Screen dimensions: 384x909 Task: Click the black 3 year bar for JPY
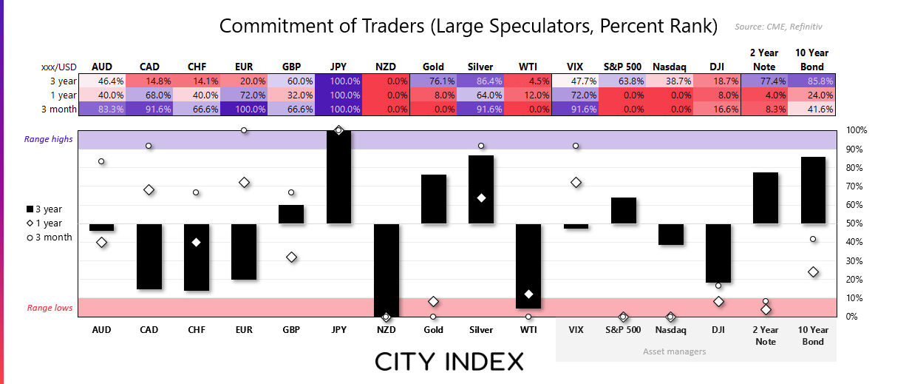tap(339, 178)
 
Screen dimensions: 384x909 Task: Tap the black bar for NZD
tap(387, 270)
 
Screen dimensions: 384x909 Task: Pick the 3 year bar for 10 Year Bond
tap(814, 190)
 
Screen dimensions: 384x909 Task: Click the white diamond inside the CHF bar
tap(197, 243)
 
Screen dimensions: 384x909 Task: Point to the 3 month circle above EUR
tap(244, 130)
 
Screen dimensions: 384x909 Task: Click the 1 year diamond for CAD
tap(149, 190)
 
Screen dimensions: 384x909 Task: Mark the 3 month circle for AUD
tap(101, 161)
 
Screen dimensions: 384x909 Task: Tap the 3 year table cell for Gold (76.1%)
tap(434, 81)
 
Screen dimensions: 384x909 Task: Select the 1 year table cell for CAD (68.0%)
tap(149, 95)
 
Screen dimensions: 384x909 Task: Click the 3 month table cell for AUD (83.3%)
tap(102, 109)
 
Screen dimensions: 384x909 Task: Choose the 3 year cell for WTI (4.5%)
tap(528, 81)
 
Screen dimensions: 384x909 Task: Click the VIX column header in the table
tap(576, 67)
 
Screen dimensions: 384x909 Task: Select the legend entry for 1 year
tap(46, 223)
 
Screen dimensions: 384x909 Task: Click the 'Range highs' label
tap(49, 139)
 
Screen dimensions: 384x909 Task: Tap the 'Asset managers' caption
tap(675, 351)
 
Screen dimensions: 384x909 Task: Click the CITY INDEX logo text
tap(449, 361)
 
